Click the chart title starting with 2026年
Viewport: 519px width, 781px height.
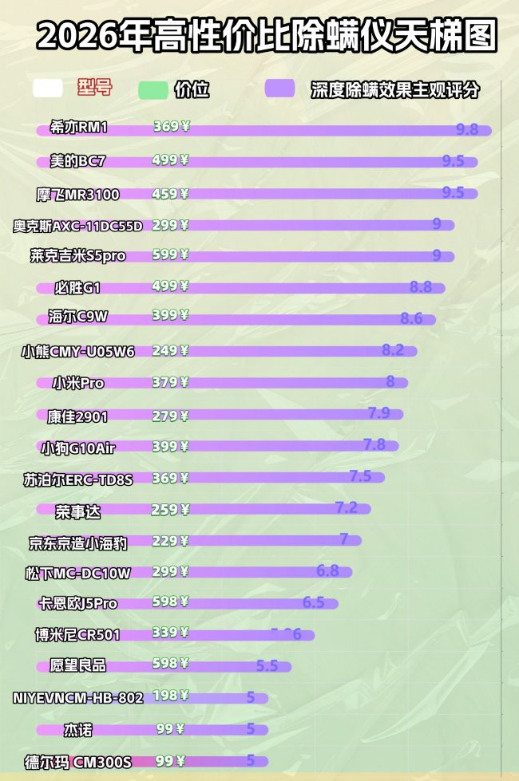266,36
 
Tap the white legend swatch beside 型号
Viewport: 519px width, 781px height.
48,89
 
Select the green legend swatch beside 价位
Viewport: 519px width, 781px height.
153,89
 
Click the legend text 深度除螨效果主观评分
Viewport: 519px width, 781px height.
395,89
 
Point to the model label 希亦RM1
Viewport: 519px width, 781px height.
78,128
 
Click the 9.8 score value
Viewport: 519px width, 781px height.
467,129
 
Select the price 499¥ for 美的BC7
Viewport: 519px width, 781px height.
170,160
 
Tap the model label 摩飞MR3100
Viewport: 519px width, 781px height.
78,193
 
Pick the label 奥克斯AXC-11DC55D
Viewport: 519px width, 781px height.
78,225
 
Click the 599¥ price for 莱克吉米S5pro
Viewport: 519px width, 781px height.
170,255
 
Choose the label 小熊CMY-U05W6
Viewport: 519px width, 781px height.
78,351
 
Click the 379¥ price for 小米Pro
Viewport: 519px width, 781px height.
170,382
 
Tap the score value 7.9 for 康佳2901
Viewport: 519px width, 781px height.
378,413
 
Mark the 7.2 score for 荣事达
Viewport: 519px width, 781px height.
346,507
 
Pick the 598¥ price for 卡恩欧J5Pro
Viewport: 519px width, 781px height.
170,602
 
